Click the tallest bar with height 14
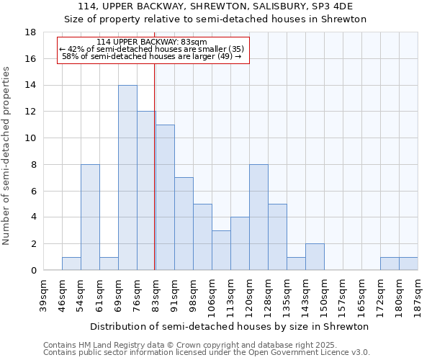tap(127, 178)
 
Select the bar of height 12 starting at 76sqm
tap(146, 191)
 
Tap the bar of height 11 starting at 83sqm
tap(165, 197)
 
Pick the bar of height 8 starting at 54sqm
tap(90, 217)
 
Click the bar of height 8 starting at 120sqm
tap(258, 217)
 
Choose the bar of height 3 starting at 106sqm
tap(221, 251)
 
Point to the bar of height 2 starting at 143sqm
tap(315, 257)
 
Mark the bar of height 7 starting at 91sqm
tap(184, 224)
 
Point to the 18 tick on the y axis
tap(30, 32)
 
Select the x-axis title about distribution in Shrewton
tap(230, 326)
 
